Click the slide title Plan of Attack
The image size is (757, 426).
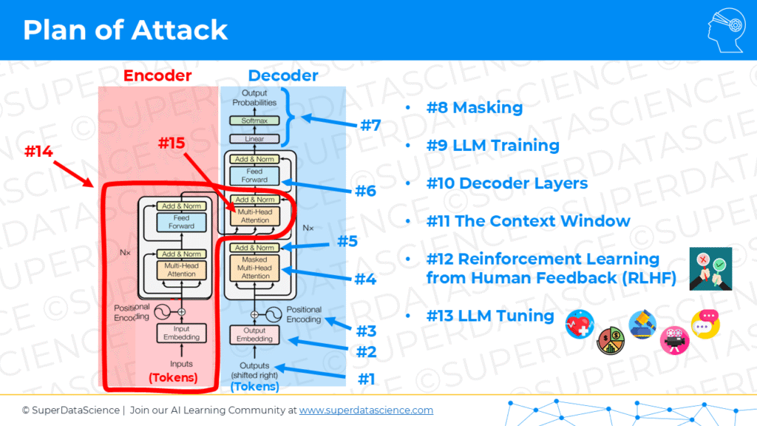click(x=126, y=30)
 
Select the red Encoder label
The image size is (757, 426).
click(x=157, y=75)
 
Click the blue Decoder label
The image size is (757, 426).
click(x=283, y=75)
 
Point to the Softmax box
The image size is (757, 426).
click(x=254, y=120)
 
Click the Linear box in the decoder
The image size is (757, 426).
click(x=254, y=138)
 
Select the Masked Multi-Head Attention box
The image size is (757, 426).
click(x=254, y=267)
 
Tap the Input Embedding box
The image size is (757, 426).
click(x=182, y=334)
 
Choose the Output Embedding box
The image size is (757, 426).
click(x=254, y=334)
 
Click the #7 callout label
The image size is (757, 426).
click(x=370, y=125)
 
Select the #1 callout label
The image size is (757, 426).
click(x=367, y=379)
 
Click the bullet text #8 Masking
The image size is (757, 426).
click(x=475, y=108)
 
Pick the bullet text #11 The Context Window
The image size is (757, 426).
click(x=528, y=221)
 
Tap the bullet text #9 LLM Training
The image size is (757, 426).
click(x=492, y=146)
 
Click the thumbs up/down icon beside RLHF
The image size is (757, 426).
click(x=710, y=268)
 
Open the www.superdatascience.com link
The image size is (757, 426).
click(x=366, y=410)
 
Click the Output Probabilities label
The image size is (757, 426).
click(x=254, y=98)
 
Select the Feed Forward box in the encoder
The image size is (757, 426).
click(x=182, y=223)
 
